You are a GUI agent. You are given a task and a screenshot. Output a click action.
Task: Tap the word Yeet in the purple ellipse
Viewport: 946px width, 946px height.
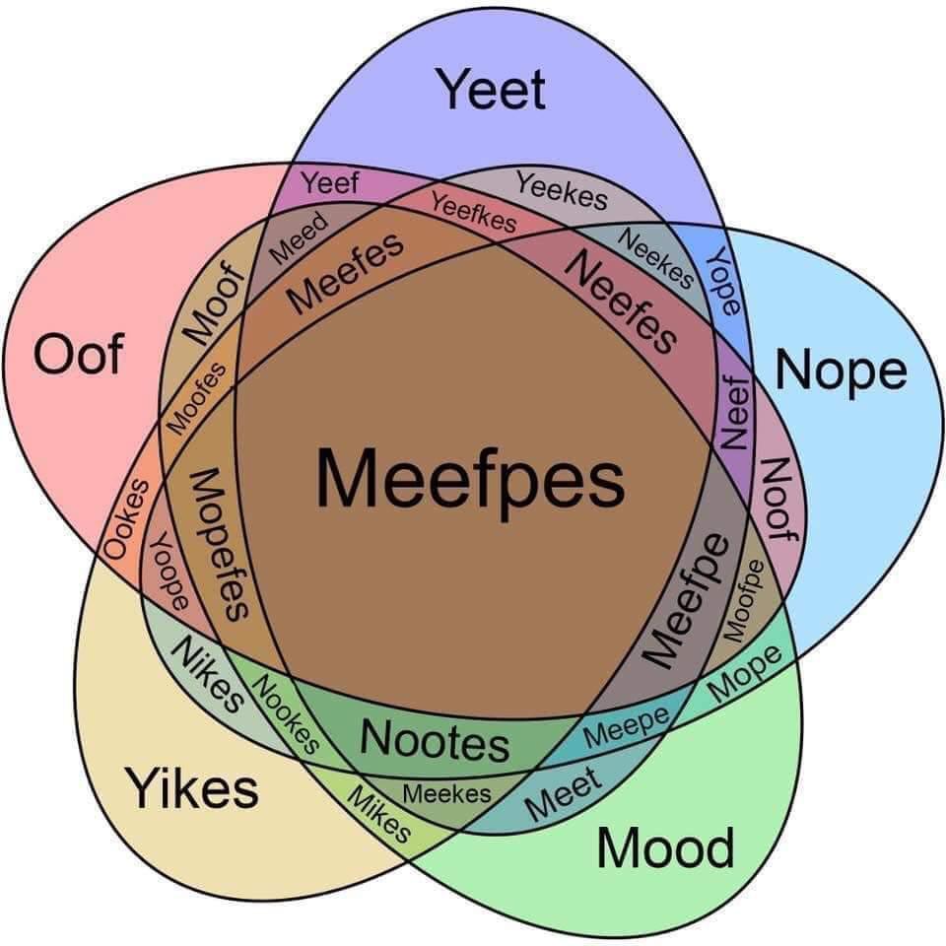point(491,90)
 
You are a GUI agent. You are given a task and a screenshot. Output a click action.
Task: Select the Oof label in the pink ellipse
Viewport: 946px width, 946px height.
point(79,354)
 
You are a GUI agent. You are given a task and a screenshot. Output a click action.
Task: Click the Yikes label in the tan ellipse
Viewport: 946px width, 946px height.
point(192,788)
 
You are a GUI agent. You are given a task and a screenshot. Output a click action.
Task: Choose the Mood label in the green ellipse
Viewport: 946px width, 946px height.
point(665,847)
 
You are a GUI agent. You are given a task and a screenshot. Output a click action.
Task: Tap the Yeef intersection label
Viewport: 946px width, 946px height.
point(331,183)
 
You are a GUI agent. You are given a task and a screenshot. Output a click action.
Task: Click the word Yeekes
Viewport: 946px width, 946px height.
point(561,190)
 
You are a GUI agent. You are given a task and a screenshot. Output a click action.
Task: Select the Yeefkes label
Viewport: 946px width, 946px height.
point(474,213)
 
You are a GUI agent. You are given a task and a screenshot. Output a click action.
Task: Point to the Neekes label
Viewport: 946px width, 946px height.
point(655,258)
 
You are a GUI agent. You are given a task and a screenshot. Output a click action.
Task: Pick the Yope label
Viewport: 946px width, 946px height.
point(723,282)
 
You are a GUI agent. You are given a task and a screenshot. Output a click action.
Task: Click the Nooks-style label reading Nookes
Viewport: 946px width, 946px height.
point(285,714)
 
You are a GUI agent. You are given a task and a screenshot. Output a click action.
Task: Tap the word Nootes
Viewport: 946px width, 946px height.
point(435,741)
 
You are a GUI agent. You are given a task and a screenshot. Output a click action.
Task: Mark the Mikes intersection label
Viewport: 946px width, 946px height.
point(378,814)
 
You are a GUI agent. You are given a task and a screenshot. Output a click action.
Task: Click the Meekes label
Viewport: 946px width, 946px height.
point(447,793)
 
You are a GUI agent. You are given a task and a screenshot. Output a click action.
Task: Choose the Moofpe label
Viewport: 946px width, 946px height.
point(743,601)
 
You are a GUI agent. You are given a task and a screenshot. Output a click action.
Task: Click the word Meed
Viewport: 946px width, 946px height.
point(298,238)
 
